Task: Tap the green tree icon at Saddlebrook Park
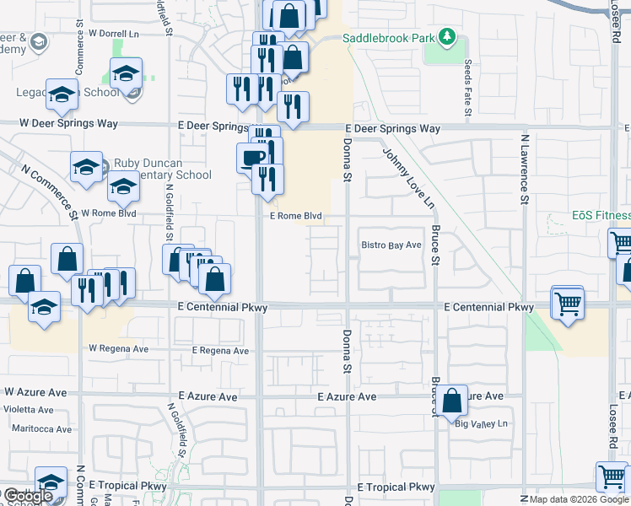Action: click(446, 37)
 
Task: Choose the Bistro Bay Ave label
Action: click(391, 245)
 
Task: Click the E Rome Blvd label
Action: click(296, 216)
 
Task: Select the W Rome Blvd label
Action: click(108, 213)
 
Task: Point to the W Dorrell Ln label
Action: click(112, 34)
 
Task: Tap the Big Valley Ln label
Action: click(483, 424)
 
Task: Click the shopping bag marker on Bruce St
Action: click(452, 403)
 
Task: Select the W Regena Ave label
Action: click(118, 348)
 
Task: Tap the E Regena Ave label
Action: click(220, 351)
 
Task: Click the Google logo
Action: click(28, 496)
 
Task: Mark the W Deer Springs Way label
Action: click(69, 123)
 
